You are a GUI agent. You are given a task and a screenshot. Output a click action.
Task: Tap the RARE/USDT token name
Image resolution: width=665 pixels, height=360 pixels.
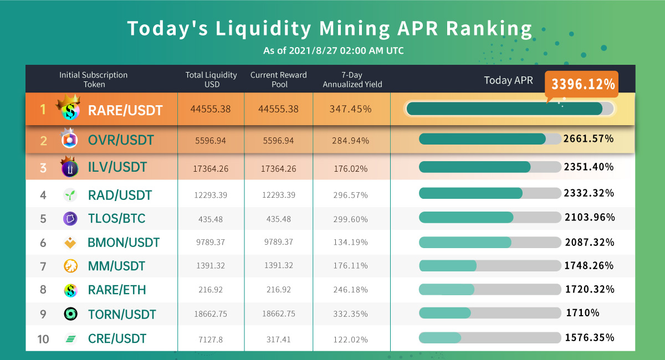tap(125, 110)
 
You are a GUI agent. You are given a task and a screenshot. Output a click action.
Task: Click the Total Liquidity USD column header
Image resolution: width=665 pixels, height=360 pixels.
tap(211, 80)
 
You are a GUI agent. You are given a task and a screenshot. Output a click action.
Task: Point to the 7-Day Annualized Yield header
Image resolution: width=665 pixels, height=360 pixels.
tap(352, 80)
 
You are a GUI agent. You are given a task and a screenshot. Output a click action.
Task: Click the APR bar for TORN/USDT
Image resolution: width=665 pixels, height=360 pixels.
tap(490, 313)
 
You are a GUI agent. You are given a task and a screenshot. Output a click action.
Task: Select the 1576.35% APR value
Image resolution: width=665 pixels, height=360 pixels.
tap(589, 337)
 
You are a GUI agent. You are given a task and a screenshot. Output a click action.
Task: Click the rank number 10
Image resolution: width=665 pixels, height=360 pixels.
tap(43, 339)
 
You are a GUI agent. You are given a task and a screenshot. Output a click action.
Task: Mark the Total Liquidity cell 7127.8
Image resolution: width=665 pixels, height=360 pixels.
tap(211, 339)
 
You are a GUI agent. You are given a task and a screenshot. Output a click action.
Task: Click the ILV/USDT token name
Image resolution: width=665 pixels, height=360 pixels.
tap(117, 167)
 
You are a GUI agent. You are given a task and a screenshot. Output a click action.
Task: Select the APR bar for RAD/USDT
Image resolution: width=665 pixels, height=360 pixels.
tap(490, 193)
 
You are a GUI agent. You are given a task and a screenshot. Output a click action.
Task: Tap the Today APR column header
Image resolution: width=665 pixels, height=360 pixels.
tap(508, 80)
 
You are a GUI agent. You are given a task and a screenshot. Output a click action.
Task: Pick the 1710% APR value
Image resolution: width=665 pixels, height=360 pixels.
tap(582, 313)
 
